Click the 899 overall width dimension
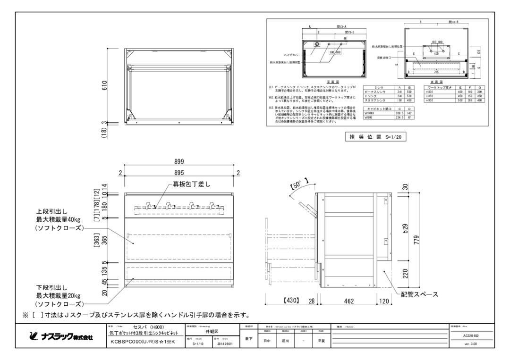pyautogui.click(x=179, y=161)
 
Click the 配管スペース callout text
pyautogui.click(x=419, y=294)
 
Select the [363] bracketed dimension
pyautogui.click(x=97, y=239)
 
